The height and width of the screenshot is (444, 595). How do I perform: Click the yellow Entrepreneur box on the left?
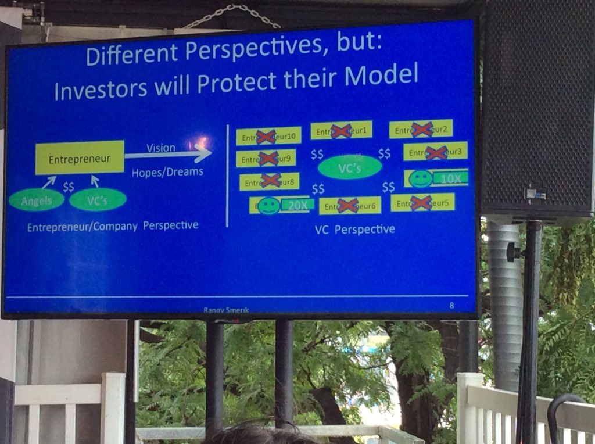80,157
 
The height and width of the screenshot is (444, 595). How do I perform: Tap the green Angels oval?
37,200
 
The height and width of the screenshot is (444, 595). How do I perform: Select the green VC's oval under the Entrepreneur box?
97,200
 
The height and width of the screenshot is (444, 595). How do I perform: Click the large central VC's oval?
350,167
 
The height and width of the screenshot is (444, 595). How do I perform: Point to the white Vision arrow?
169,155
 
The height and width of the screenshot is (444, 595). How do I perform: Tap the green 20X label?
297,205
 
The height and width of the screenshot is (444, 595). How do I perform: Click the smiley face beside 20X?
268,206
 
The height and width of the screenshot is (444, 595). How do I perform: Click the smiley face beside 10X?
420,178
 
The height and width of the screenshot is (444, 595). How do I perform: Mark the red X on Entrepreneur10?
266,137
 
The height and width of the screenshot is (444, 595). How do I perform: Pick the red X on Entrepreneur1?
341,131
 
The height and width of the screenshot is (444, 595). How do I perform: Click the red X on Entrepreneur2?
422,130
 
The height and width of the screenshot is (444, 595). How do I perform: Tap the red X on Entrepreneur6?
347,205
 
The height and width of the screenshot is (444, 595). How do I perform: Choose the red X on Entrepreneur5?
421,203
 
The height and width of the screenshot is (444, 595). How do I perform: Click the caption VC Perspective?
354,230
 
